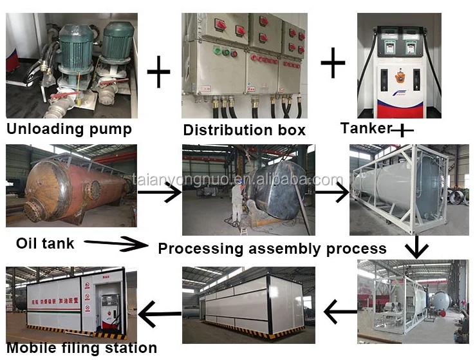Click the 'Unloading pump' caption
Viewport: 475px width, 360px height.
point(69,129)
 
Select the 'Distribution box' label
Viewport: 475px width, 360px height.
point(244,130)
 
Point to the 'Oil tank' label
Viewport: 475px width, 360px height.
point(45,243)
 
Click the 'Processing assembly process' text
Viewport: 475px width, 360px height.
point(272,249)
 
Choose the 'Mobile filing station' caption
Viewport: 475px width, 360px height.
point(81,348)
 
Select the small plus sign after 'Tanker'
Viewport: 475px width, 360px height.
point(402,130)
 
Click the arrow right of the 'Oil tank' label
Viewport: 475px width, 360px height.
point(116,243)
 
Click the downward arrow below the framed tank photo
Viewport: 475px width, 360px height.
point(416,247)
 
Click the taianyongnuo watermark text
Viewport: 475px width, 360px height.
point(237,180)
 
